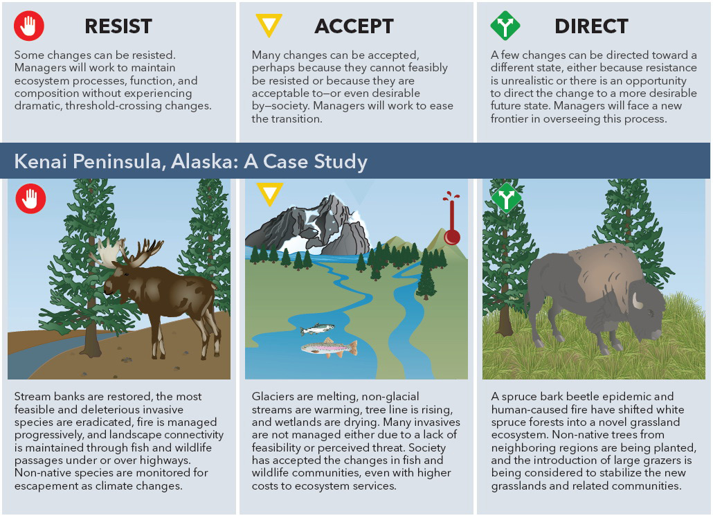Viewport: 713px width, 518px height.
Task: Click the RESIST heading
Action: (x=118, y=26)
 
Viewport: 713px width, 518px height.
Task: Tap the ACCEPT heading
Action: (x=354, y=26)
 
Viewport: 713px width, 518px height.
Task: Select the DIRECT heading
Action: (x=591, y=26)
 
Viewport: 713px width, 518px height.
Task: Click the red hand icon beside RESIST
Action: (x=29, y=26)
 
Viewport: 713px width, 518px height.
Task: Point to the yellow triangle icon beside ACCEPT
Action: (x=269, y=24)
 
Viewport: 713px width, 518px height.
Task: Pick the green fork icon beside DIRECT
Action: (x=505, y=26)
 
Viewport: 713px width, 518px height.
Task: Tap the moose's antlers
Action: (x=127, y=252)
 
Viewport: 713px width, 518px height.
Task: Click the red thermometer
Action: (x=451, y=219)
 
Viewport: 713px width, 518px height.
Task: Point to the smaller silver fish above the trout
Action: (x=317, y=328)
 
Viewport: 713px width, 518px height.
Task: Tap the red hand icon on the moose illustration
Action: (x=30, y=199)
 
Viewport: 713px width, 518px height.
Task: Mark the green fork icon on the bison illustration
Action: (x=506, y=198)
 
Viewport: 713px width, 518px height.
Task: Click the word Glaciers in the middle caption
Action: (x=272, y=397)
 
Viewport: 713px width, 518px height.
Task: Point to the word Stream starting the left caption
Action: (x=33, y=397)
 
